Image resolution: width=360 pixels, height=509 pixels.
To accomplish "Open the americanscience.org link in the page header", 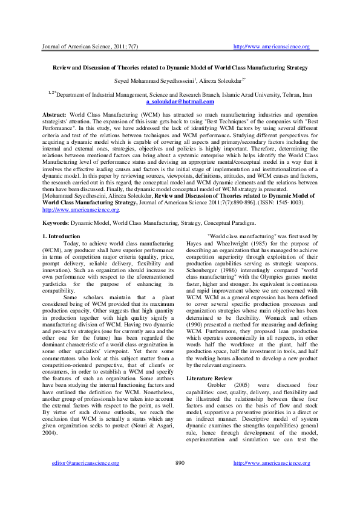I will tap(272, 47).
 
